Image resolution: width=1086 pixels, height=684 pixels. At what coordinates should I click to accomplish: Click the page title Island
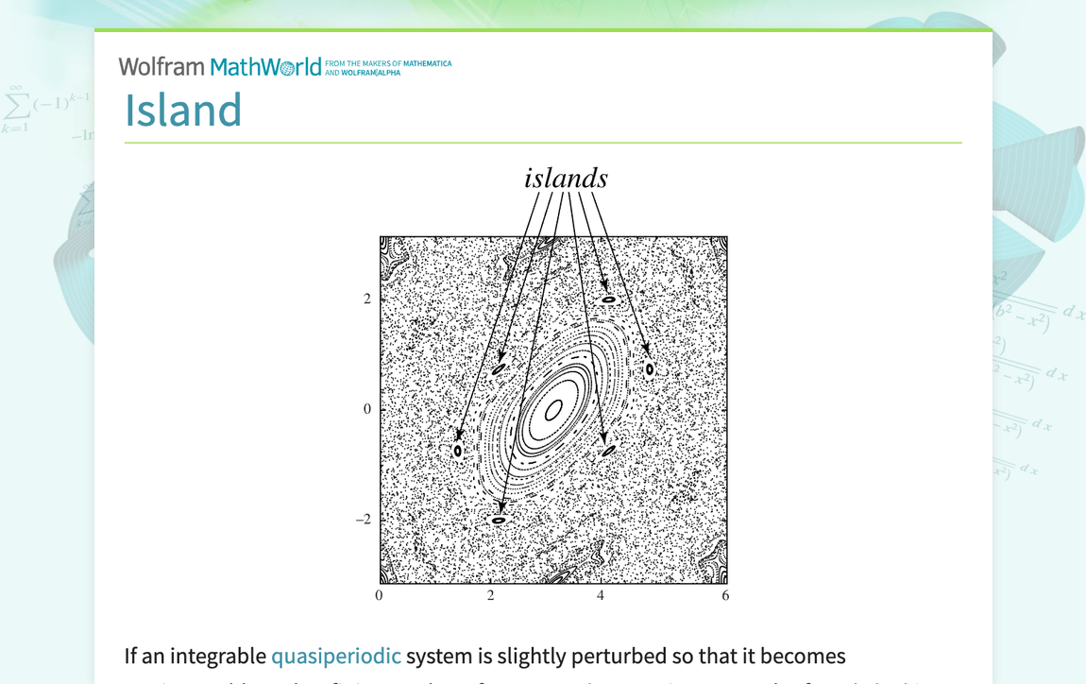183,110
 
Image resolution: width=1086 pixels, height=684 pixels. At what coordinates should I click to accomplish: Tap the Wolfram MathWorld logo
220,66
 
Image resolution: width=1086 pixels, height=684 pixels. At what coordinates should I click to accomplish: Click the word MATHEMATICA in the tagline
428,64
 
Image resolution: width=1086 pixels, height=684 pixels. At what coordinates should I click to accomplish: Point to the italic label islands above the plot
566,179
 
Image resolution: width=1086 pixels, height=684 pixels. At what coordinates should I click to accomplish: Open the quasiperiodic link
335,656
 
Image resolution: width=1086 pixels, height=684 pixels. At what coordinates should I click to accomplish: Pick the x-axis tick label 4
601,596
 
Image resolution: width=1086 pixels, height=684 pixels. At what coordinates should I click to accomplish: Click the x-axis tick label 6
725,596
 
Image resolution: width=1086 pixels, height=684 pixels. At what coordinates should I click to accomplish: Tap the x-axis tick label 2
491,596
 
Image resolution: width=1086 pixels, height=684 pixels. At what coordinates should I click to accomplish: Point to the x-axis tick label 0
380,596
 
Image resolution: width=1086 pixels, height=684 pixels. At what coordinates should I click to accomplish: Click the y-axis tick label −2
364,520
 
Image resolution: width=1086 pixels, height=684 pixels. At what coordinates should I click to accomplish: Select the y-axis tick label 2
367,299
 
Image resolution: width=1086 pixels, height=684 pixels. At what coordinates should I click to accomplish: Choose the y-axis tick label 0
367,409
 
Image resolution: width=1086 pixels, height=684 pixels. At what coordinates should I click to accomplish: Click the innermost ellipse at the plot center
554,409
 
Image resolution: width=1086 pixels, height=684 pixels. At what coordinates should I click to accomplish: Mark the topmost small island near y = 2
609,299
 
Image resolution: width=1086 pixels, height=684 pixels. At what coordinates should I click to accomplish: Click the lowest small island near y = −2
499,520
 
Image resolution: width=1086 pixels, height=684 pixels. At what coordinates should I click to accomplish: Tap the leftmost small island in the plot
458,451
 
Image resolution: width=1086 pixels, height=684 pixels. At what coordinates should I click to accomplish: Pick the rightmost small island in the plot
650,368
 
